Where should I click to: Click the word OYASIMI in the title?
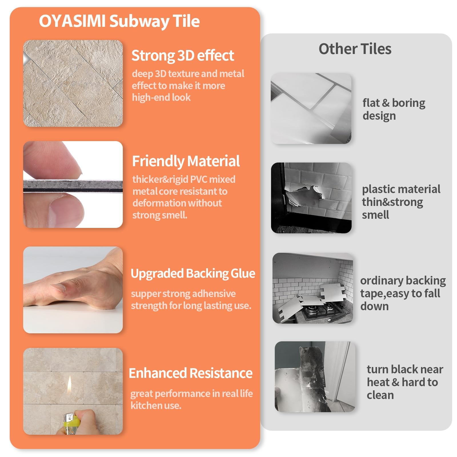point(72,21)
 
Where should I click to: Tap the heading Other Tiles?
point(355,49)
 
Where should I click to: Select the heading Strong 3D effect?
point(183,55)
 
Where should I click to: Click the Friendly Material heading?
point(186,161)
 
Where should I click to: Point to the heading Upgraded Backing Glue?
point(193,274)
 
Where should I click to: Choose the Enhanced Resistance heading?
point(191,373)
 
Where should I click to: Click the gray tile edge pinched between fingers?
point(73,186)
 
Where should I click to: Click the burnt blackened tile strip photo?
point(315,376)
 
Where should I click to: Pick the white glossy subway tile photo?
point(311,108)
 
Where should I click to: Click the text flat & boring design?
point(394,109)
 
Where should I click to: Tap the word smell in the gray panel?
point(375,215)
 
